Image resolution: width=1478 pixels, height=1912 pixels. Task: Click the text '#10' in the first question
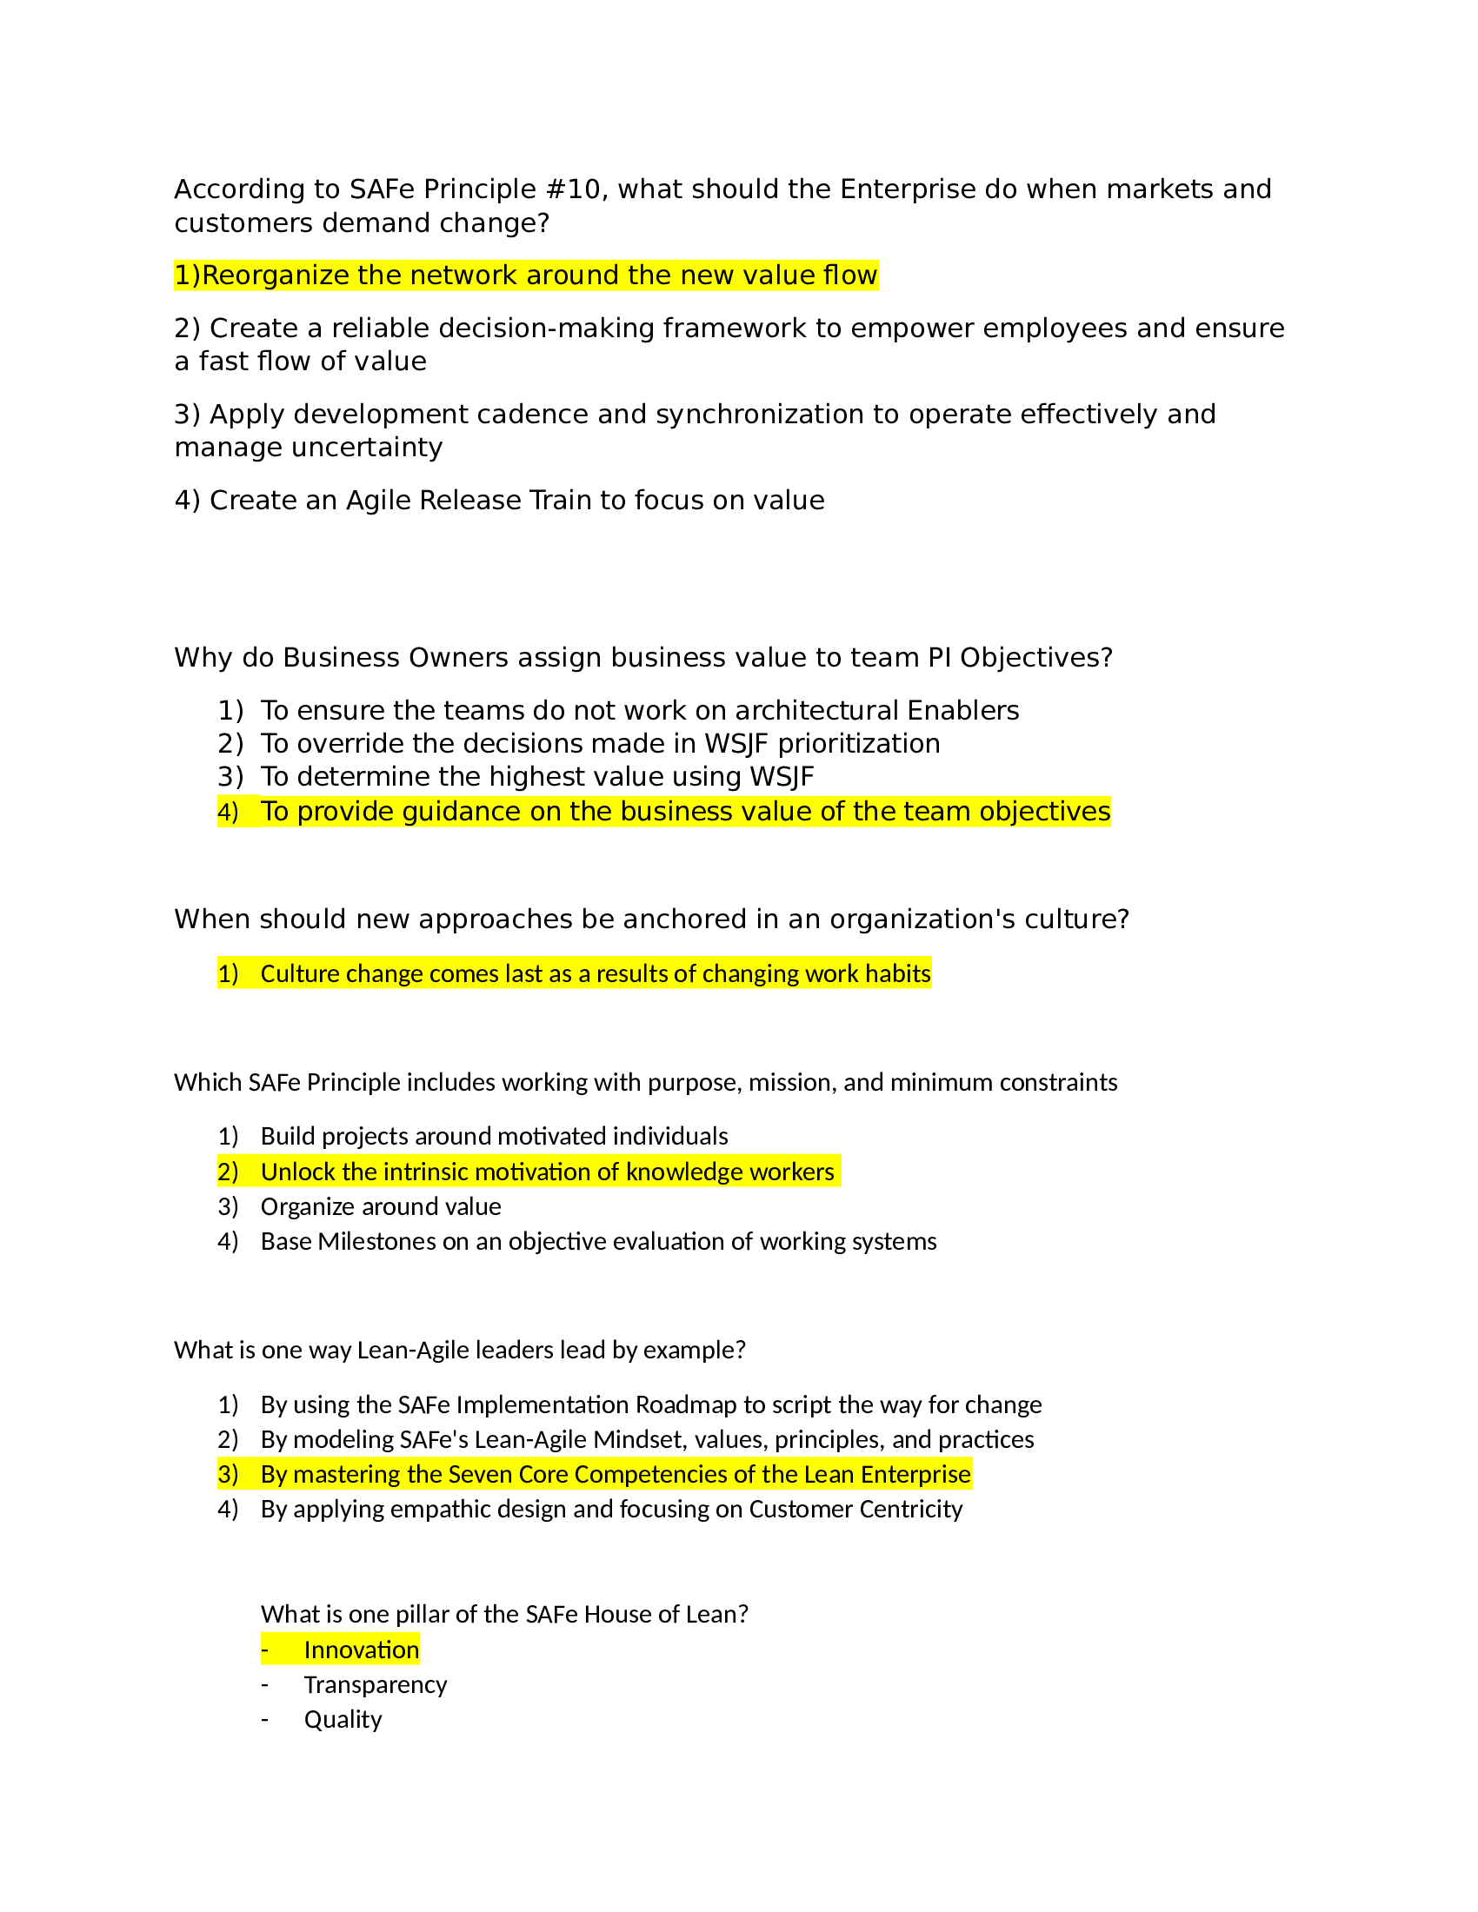click(x=575, y=189)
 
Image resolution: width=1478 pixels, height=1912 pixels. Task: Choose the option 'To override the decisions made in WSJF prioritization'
click(x=600, y=743)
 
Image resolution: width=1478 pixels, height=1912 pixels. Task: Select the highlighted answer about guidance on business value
click(x=685, y=812)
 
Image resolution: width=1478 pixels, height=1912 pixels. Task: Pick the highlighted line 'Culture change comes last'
click(x=595, y=973)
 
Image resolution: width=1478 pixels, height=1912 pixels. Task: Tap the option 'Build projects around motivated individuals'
click(x=494, y=1136)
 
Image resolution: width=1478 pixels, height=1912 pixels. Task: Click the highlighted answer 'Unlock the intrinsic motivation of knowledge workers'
click(x=547, y=1172)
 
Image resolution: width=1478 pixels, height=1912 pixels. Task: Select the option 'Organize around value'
click(x=381, y=1206)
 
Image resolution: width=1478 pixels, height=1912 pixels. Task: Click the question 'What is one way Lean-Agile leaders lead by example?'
click(x=460, y=1350)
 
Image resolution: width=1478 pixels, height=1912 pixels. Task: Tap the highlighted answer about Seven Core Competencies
click(x=615, y=1474)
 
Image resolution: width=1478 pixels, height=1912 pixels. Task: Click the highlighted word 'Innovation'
click(x=361, y=1650)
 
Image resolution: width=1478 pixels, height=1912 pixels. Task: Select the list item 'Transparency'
click(x=375, y=1685)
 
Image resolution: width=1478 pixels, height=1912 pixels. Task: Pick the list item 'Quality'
click(x=343, y=1720)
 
